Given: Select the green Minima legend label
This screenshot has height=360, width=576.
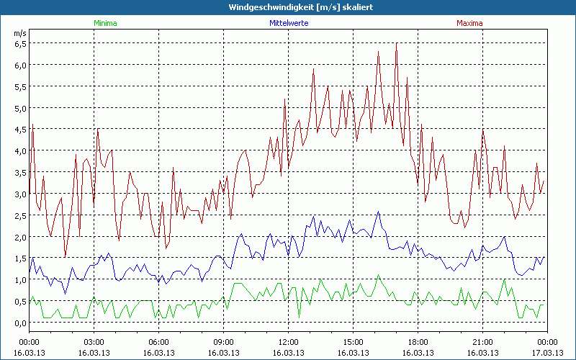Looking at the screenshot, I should tap(104, 23).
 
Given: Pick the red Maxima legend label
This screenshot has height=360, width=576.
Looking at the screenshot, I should tap(469, 23).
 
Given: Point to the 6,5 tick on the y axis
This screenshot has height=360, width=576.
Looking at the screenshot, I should tap(20, 43).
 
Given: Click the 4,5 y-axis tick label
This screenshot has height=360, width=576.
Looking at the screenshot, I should tap(20, 130).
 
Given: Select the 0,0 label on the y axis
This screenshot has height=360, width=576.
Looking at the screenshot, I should tap(20, 323).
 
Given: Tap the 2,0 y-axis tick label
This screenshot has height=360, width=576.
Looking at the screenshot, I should tap(20, 237).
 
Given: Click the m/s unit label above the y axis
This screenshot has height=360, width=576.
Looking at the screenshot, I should tap(19, 33).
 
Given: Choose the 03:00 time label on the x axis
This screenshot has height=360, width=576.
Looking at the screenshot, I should tap(94, 342).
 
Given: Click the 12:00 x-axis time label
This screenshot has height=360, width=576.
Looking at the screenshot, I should tap(288, 342).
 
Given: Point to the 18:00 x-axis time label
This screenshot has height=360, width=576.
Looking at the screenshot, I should tap(418, 342).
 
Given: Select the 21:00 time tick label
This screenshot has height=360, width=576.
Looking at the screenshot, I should tap(482, 342).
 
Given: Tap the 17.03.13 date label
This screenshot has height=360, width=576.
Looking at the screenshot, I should tap(547, 352).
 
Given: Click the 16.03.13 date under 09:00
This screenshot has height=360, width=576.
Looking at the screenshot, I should tap(223, 352).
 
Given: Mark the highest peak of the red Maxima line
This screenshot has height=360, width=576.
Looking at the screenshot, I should tap(396, 43).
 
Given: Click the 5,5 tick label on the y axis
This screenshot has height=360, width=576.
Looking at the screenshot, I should tap(20, 86).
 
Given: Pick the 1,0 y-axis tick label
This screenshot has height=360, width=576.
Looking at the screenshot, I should tap(20, 280).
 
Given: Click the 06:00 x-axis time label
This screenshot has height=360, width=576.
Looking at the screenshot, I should tap(158, 342).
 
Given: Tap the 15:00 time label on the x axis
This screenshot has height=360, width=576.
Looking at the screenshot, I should tap(353, 342).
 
